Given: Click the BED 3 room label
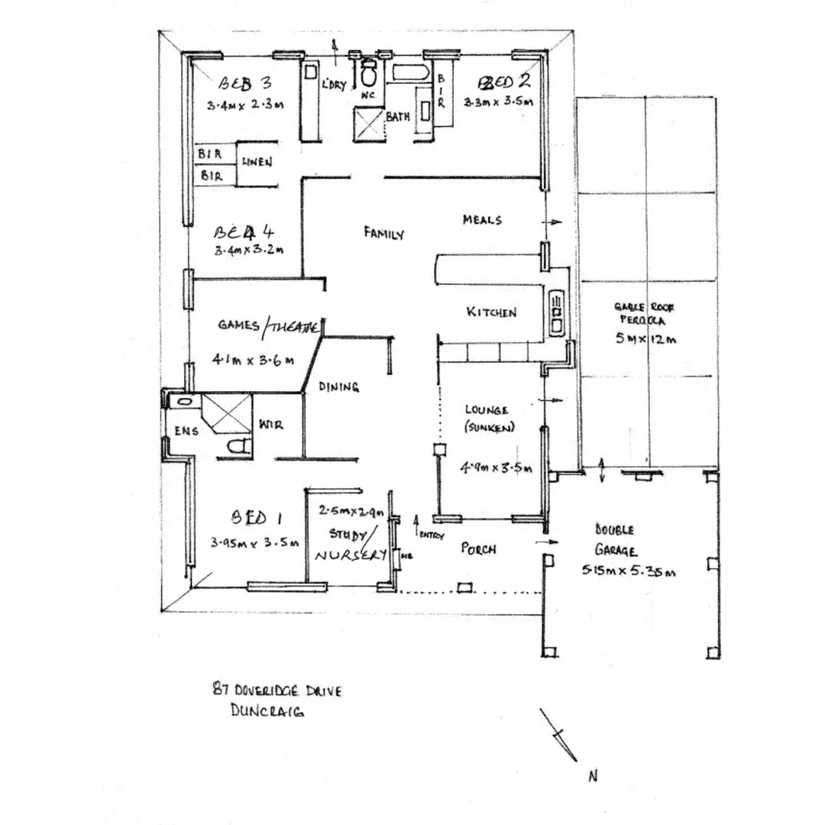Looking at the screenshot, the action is [x=244, y=83].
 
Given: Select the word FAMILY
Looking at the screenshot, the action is [x=383, y=233].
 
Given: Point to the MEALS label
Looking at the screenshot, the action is [x=482, y=220].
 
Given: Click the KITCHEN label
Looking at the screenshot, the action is [x=491, y=312].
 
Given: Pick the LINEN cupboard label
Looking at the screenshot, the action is [x=257, y=163].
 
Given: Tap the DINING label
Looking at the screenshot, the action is [x=338, y=387].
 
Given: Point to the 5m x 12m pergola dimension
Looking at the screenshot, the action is [x=645, y=339].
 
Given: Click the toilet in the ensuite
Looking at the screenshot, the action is [x=239, y=445].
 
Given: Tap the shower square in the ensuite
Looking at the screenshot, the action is [x=225, y=414].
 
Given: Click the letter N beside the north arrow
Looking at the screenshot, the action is [x=592, y=776].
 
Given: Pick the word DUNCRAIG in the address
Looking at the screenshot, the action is [x=267, y=711].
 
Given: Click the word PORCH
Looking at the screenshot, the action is [x=479, y=549].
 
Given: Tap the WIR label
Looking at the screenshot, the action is [x=271, y=425].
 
